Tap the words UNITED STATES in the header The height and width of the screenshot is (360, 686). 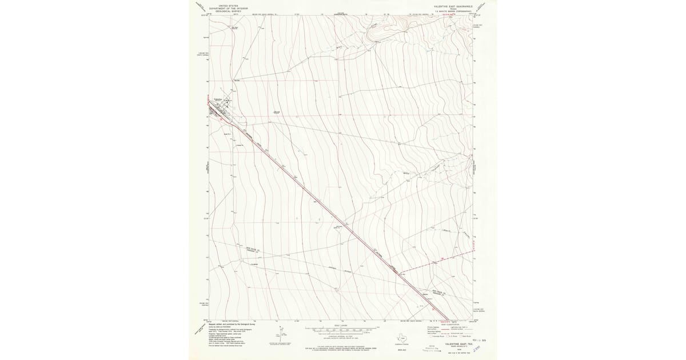(x=226, y=5)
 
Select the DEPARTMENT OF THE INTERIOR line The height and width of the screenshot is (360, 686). (x=226, y=7)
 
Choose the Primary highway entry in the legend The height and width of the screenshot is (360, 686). (x=434, y=329)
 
